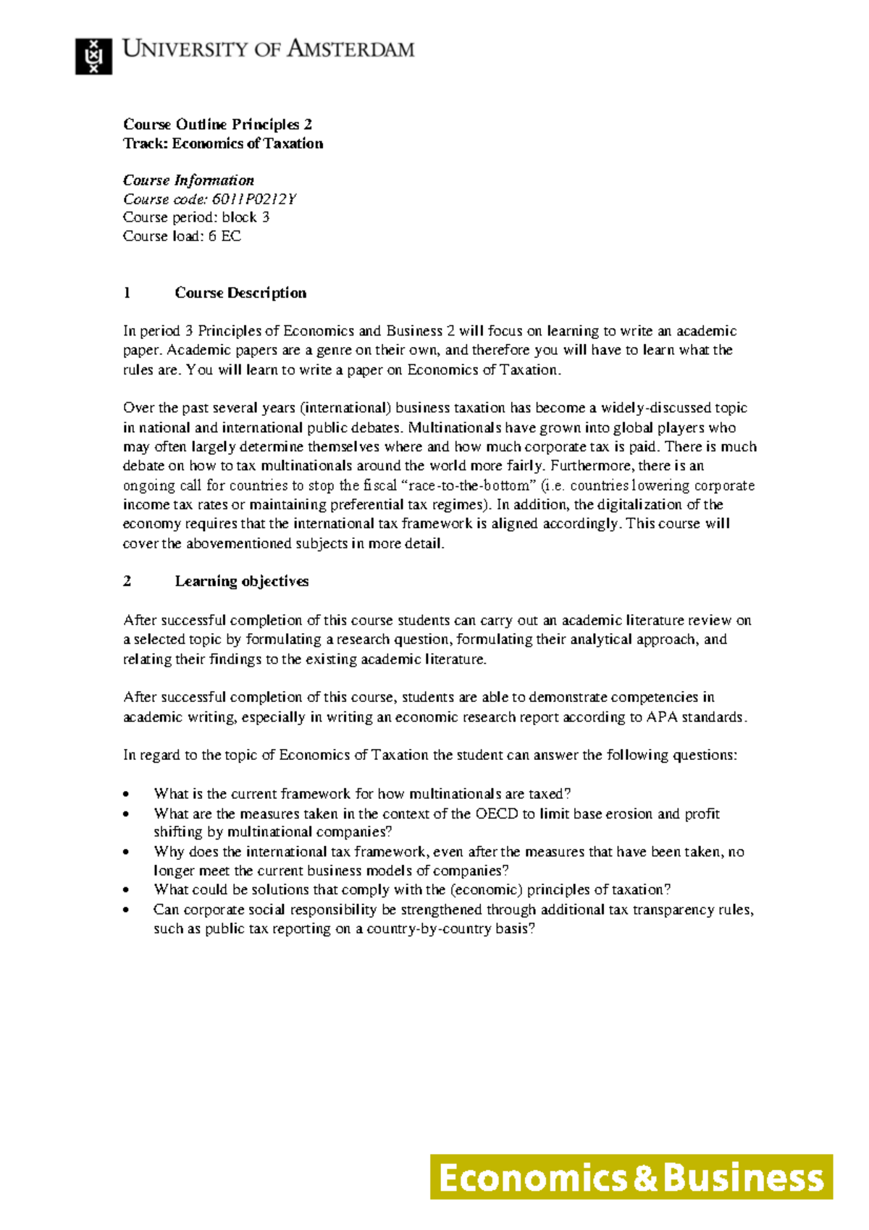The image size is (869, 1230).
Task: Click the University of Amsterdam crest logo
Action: click(93, 56)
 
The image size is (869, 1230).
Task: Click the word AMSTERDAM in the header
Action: click(351, 49)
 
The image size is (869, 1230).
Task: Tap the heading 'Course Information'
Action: click(188, 180)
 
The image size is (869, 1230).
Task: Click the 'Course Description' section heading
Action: click(240, 293)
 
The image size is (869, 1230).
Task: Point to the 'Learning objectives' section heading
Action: click(242, 581)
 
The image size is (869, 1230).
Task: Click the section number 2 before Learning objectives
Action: click(127, 581)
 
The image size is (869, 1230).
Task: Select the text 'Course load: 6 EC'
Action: click(182, 236)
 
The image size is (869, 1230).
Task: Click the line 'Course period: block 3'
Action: click(196, 217)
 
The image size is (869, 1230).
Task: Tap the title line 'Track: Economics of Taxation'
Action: click(223, 143)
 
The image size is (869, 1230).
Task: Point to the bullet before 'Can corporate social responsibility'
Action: click(127, 910)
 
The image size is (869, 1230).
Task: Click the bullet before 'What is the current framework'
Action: click(127, 794)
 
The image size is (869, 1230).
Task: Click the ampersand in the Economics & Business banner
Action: click(645, 1178)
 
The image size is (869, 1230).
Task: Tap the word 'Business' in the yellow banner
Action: click(744, 1178)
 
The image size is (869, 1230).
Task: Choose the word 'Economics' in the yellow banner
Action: click(532, 1178)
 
